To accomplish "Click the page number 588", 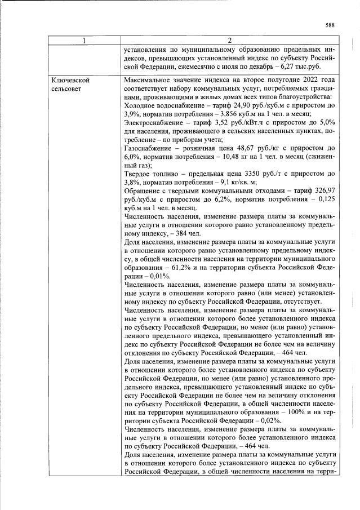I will click(x=330, y=24).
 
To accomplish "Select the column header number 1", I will click(x=84, y=40).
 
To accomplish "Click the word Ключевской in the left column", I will click(x=70, y=81).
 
